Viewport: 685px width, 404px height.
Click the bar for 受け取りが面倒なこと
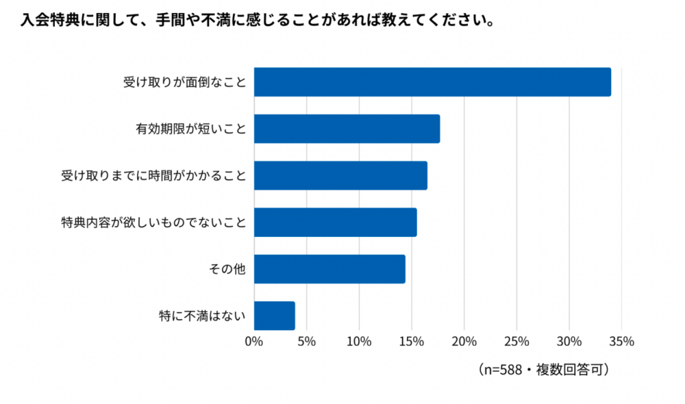[x=432, y=82]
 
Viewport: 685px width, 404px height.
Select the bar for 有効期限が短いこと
[x=347, y=129]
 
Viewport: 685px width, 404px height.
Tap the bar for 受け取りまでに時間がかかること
[x=340, y=175]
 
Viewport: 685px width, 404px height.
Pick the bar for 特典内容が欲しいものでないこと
[x=335, y=223]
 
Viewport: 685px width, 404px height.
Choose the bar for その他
[x=329, y=269]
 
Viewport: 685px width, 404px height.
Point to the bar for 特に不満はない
[x=275, y=316]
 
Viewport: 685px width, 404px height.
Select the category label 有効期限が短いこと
[x=191, y=129]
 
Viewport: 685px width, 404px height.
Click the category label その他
[x=227, y=269]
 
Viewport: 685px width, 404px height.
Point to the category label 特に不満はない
[x=202, y=316]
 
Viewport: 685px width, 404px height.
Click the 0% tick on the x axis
[x=254, y=341]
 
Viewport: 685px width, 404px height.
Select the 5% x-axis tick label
[x=306, y=341]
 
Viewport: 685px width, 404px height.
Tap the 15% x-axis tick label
[x=412, y=341]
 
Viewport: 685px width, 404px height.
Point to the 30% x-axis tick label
[x=569, y=341]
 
